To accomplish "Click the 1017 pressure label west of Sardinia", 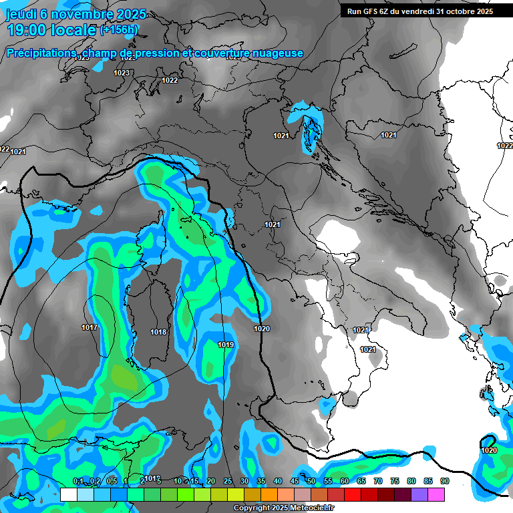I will pos(90,327).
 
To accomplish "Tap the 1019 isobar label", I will pos(226,345).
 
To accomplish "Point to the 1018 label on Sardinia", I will pos(158,332).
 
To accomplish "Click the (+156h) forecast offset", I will pos(119,29).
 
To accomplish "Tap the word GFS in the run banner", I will pos(372,11).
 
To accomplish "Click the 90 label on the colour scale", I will pos(444,481).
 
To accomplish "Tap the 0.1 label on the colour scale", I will pos(78,481).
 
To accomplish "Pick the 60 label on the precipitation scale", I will pos(344,481).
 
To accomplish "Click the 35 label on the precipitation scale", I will pos(261,481).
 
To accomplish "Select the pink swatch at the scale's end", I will pos(436,494).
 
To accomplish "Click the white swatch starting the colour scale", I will pos(68,494).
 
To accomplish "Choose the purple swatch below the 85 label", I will pos(419,494).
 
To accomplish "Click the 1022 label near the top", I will pos(170,80).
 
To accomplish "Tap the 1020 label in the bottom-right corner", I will pos(489,451).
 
